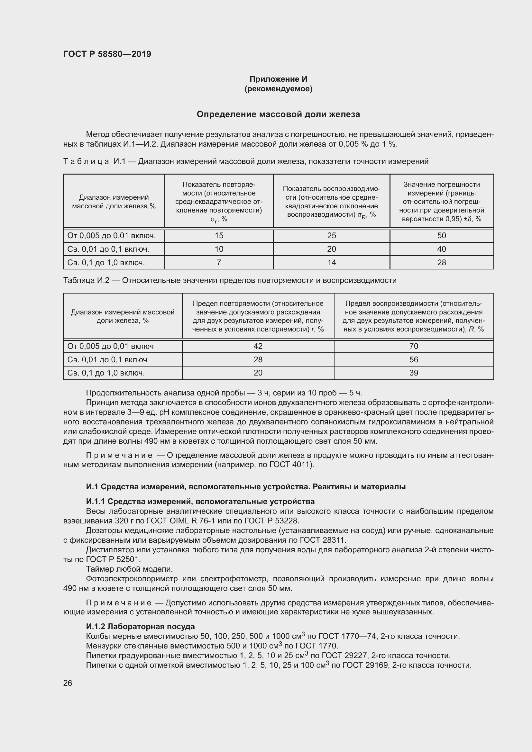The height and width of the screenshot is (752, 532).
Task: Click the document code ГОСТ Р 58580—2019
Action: point(107,54)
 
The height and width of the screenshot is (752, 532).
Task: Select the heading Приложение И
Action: point(278,79)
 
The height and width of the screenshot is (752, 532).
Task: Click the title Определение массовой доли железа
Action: point(278,114)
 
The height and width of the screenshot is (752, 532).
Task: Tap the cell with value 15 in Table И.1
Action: point(219,235)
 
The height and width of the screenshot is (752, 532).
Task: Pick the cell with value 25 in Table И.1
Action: point(332,235)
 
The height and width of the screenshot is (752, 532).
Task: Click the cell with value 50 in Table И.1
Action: point(441,235)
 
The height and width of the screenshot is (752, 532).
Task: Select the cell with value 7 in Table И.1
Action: point(219,262)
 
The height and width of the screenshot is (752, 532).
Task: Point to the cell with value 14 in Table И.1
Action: point(332,262)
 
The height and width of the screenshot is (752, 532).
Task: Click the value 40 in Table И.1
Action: point(441,249)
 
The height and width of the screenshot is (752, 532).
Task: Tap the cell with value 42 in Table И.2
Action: point(258,346)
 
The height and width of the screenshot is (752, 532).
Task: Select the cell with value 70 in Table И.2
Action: point(413,346)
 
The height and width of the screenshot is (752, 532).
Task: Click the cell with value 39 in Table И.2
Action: point(413,373)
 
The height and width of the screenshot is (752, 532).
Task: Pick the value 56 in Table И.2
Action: point(413,360)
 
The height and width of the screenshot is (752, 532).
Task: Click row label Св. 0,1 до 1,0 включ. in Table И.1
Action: point(106,262)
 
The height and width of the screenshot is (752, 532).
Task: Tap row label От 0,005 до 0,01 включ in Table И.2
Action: point(110,346)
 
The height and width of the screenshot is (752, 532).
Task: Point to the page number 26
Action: point(68,683)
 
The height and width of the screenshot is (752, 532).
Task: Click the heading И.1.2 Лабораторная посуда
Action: point(140,627)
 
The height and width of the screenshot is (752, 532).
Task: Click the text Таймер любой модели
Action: point(129,569)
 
